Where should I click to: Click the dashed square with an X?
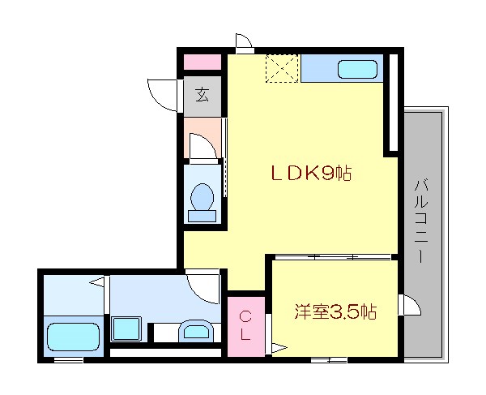(283, 67)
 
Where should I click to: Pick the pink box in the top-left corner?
(201, 62)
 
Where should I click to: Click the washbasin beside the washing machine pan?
(195, 330)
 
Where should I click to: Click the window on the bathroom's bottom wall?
(68, 359)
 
